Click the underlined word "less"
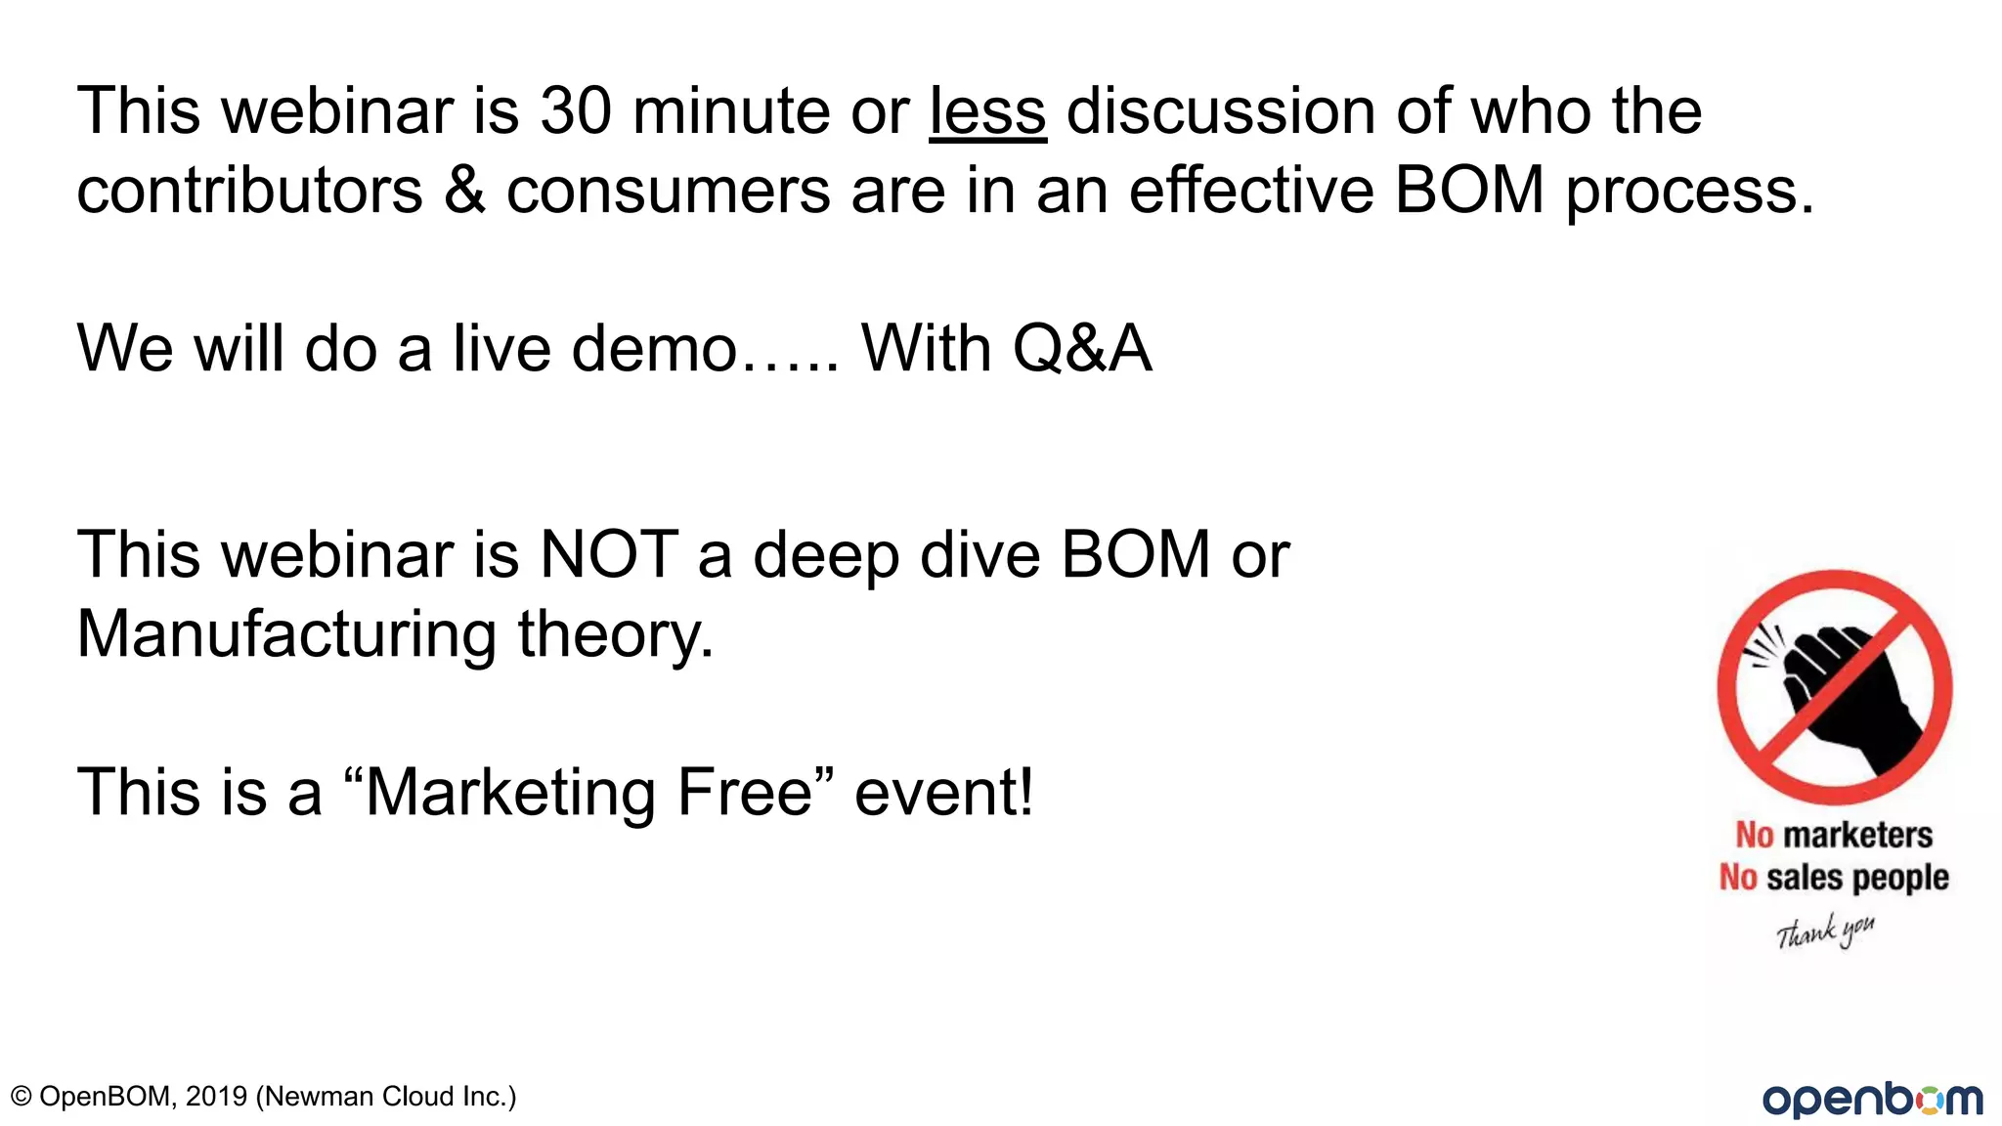click(987, 111)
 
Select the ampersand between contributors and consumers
click(464, 191)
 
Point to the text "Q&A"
click(1082, 349)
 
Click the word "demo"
click(654, 349)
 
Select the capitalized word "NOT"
click(609, 555)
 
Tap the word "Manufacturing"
click(286, 635)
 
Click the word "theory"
click(615, 635)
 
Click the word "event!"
click(943, 793)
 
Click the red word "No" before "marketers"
click(1754, 836)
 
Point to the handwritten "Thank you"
click(1825, 931)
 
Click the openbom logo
click(1872, 1099)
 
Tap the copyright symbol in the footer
click(21, 1097)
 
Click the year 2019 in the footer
click(216, 1097)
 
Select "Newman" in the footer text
click(320, 1097)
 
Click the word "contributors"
click(249, 191)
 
